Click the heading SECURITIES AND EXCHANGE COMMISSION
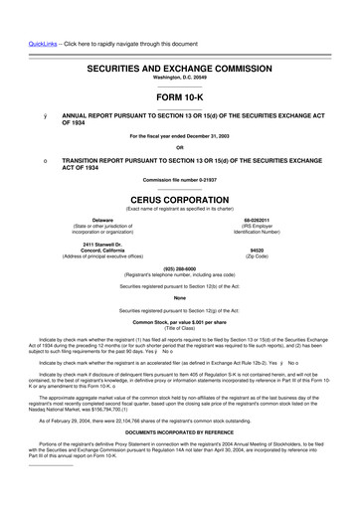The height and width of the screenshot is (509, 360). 179,71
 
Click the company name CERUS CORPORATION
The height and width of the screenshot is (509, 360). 179,199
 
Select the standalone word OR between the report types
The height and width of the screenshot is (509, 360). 179,147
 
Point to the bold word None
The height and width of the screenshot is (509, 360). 179,297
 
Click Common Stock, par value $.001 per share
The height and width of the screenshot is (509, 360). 179,323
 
